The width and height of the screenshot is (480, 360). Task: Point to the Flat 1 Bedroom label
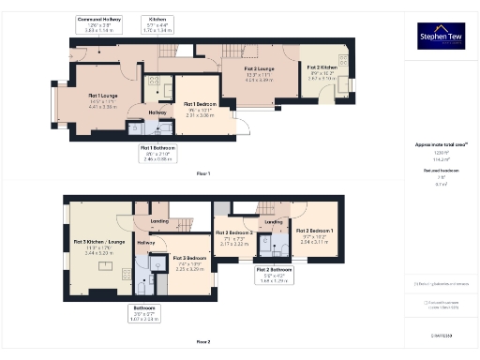(x=201, y=107)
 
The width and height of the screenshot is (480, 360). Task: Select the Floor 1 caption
(x=203, y=174)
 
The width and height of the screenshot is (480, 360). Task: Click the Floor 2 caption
(x=203, y=341)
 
